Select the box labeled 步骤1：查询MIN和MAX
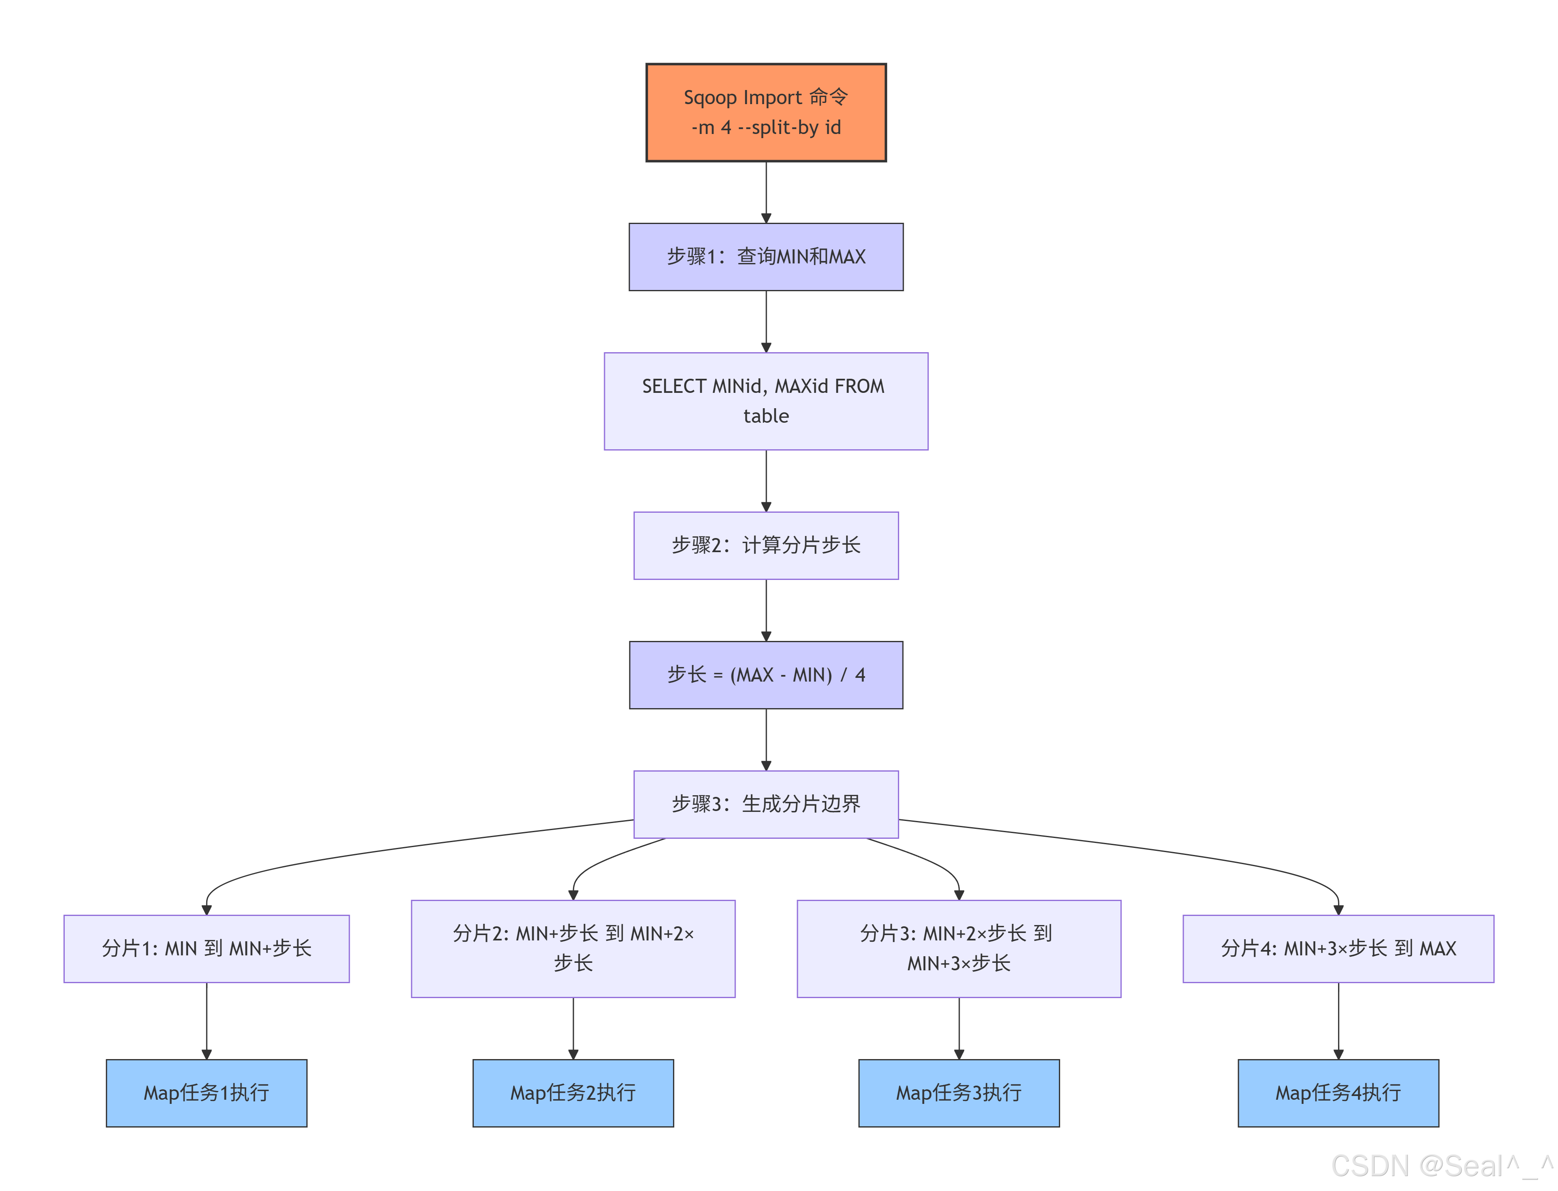(x=766, y=257)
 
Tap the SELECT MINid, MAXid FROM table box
(x=766, y=401)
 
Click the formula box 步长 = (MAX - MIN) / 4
(x=766, y=675)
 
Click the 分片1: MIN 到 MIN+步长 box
(x=206, y=949)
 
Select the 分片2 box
(x=573, y=949)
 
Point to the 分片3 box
(x=959, y=949)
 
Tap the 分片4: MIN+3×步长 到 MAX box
(x=1338, y=949)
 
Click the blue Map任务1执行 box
(x=206, y=1093)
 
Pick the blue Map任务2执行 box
(x=573, y=1093)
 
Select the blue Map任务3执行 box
(x=959, y=1093)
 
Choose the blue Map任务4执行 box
(x=1338, y=1093)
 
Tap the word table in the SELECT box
(x=766, y=416)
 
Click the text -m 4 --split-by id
(x=766, y=128)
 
